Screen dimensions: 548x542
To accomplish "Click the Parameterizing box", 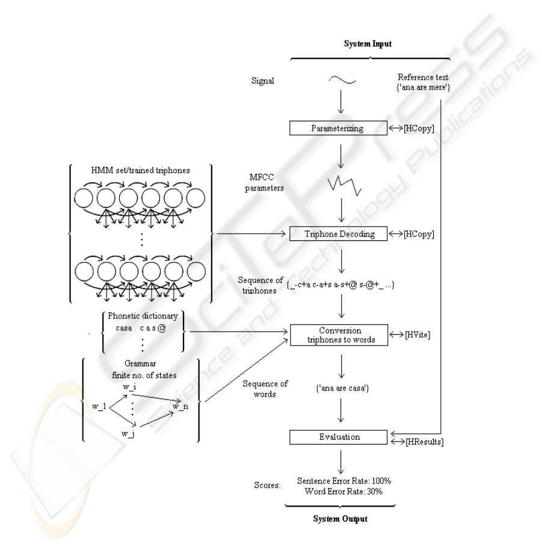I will (340, 128).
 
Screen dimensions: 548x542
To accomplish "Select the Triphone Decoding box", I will (340, 234).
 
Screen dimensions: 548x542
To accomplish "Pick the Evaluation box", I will (340, 437).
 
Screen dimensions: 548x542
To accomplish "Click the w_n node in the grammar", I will (180, 407).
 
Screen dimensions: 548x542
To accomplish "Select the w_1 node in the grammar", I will (99, 407).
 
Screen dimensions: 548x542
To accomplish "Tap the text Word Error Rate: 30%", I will (340, 491).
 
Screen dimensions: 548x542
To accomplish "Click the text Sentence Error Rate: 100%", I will (340, 481).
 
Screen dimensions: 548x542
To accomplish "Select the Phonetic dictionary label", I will (143, 317).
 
